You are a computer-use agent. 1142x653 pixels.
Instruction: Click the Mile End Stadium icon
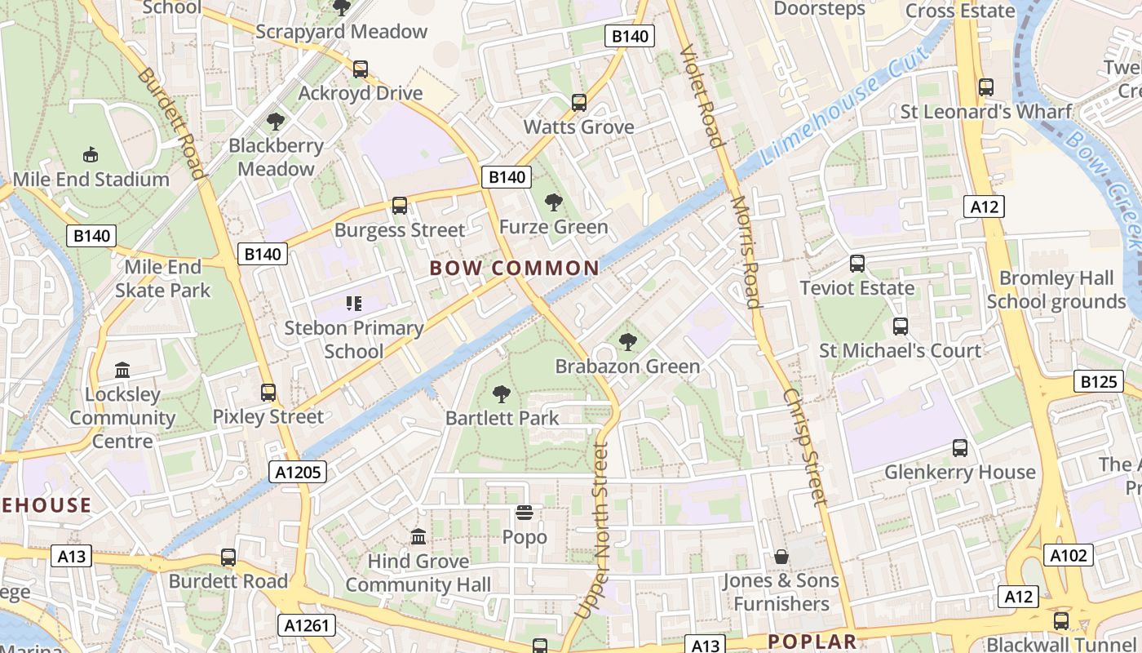pos(91,154)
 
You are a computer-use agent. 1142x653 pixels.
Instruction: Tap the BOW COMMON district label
pos(514,268)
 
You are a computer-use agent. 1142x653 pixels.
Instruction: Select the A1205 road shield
pos(298,471)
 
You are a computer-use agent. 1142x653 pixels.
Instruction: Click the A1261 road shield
pos(307,625)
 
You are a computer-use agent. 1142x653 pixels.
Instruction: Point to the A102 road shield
pos(1069,556)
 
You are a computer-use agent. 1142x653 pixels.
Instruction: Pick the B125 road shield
pos(1097,381)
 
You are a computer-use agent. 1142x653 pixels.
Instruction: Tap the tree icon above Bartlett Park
pos(502,394)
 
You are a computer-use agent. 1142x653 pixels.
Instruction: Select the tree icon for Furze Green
pos(554,202)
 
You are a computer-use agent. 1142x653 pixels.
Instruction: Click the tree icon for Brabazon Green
pos(627,342)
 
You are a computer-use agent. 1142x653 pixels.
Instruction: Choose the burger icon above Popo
pos(525,513)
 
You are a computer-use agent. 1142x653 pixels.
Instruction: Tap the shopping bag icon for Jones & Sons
pos(781,557)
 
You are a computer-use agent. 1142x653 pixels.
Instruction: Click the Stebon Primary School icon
pos(353,304)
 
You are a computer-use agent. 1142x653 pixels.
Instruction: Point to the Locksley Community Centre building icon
pos(122,371)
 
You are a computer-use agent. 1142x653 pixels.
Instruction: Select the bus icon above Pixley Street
pos(268,393)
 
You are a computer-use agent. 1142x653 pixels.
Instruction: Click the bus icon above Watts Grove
pos(579,103)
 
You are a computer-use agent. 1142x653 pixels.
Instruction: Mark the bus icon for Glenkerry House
pos(960,448)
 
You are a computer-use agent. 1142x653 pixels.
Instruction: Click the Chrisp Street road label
pos(805,446)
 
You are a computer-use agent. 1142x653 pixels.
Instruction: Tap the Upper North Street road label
pos(602,531)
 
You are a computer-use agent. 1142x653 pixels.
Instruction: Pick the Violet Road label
pos(702,96)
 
